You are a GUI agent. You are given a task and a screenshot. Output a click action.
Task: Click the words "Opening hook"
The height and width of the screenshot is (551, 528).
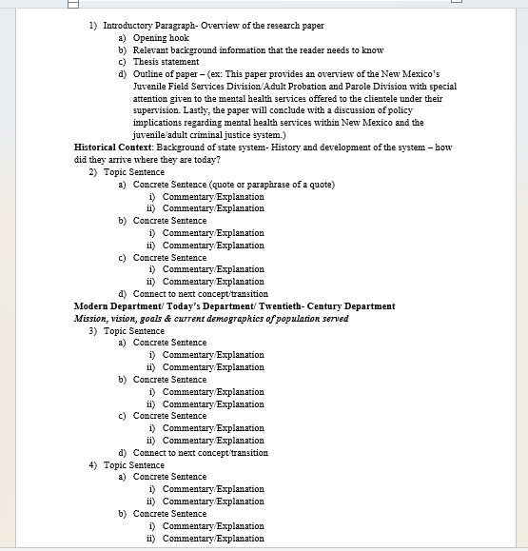[x=161, y=38]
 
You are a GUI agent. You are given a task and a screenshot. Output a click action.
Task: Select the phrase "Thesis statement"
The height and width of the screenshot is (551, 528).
[x=166, y=62]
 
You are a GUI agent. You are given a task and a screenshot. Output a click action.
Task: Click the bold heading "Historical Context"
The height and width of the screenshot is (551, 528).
[x=112, y=148]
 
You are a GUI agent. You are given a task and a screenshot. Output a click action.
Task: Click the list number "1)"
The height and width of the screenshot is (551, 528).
[x=93, y=26]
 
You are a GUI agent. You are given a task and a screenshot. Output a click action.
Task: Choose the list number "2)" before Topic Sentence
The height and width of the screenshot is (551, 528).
[x=93, y=172]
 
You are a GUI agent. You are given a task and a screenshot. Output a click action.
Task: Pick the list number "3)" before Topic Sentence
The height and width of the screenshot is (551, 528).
[x=93, y=330]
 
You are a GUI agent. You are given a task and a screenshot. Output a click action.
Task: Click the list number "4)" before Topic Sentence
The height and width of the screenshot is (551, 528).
[x=93, y=465]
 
